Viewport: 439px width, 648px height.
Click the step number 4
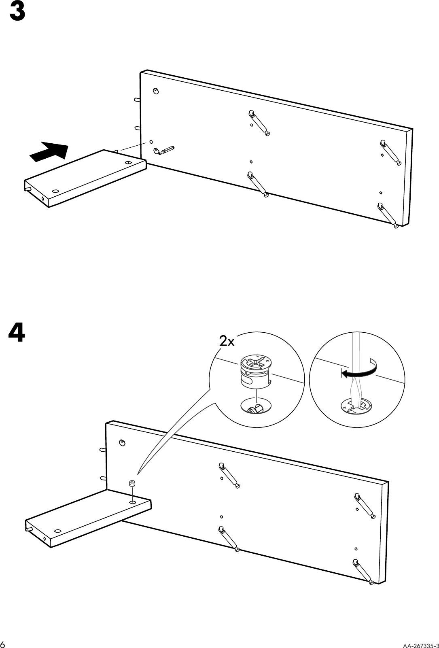pyautogui.click(x=17, y=332)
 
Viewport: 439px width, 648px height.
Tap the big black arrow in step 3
pyautogui.click(x=49, y=152)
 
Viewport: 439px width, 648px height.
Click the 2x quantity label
pyautogui.click(x=227, y=342)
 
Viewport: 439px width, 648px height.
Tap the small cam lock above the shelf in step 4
pyautogui.click(x=131, y=483)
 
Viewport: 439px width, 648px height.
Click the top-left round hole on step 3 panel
pyautogui.click(x=156, y=91)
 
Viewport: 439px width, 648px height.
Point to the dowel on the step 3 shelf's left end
pyautogui.click(x=28, y=189)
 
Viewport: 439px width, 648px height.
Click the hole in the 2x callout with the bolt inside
pyautogui.click(x=255, y=405)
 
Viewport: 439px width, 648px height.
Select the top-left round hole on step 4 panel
pyautogui.click(x=121, y=443)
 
